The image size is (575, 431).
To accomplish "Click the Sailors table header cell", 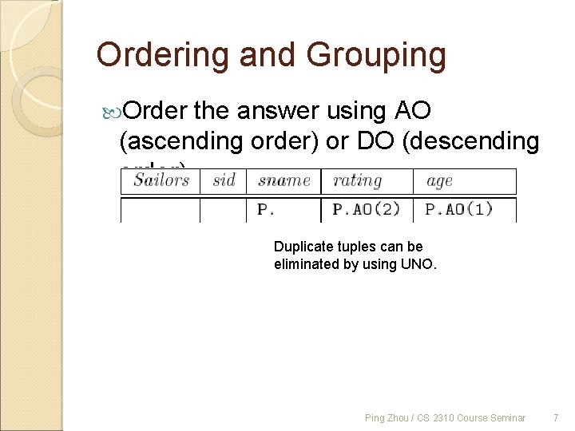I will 161,181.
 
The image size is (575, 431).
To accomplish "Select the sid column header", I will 224,181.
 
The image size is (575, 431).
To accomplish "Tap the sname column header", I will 284,181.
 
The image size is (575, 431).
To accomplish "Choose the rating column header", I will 357,181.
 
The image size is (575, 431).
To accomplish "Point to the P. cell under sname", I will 265,210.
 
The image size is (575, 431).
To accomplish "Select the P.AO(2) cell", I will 365,210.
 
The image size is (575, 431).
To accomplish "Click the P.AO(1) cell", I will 458,210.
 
